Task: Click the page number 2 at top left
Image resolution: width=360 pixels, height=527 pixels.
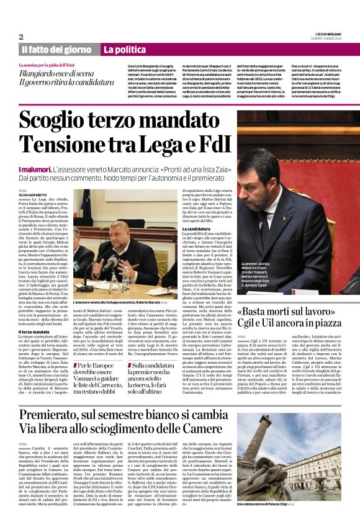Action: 21,37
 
